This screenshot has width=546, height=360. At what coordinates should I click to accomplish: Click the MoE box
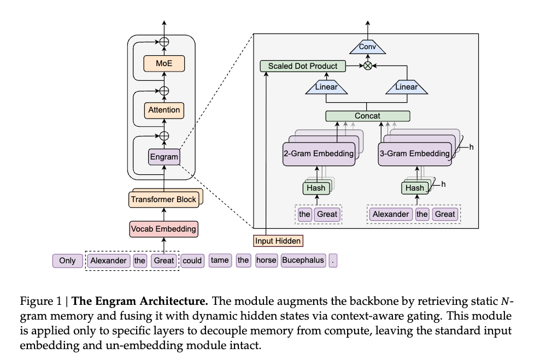coord(164,63)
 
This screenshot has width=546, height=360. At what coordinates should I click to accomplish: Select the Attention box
coord(164,110)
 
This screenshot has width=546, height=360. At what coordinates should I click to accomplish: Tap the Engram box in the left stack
coord(164,157)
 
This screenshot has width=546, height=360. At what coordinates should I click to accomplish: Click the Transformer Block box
coord(163,199)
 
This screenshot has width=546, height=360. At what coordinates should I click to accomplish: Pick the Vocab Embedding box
coord(163,228)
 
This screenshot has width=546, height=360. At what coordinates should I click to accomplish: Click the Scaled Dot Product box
coord(303,66)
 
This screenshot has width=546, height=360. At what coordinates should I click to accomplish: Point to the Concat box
coord(367,116)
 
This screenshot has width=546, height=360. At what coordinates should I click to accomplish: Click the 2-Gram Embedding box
coord(318,154)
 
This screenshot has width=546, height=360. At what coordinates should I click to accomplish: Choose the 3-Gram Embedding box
coord(415,154)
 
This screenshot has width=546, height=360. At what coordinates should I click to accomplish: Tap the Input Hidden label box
coord(278,240)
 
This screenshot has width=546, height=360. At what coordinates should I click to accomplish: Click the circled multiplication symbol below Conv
coord(367,66)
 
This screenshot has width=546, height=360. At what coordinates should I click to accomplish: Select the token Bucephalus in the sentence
coord(303,261)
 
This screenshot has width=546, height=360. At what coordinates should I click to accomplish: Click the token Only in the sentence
coord(67,261)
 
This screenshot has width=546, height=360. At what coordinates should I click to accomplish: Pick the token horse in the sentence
coord(266,261)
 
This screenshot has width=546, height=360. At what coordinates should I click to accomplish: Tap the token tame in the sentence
coord(219,261)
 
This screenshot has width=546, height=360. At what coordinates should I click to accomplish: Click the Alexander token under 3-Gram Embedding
coord(391,214)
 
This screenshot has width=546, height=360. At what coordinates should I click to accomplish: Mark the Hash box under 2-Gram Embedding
coord(316,188)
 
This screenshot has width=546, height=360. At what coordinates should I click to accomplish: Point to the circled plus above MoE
coord(164,42)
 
